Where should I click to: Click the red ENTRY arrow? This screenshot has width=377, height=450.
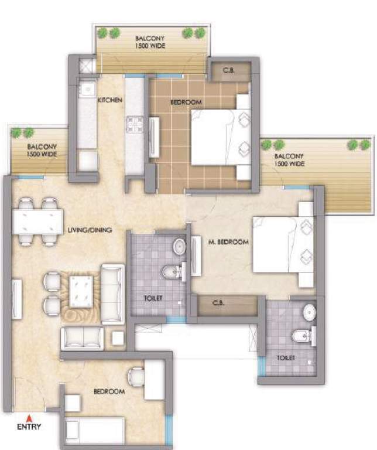click(28, 418)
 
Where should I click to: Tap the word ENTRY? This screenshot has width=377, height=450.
click(29, 427)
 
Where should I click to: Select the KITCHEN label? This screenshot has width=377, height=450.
click(109, 100)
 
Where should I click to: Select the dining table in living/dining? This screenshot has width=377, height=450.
click(37, 221)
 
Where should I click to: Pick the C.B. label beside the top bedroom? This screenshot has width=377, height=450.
click(229, 71)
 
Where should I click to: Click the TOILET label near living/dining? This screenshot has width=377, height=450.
click(153, 298)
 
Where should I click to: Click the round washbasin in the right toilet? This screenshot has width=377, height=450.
click(309, 313)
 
